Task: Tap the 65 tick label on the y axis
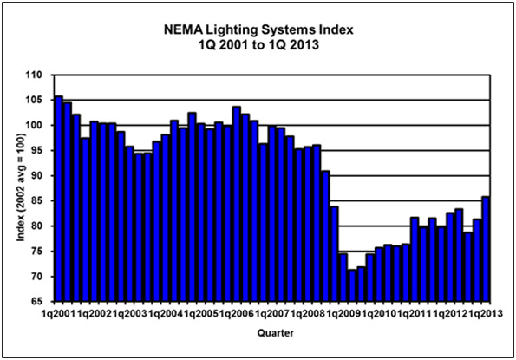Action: [41, 301]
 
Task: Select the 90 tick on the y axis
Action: [41, 176]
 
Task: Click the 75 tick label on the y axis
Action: [41, 252]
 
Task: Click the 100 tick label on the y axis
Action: [38, 126]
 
